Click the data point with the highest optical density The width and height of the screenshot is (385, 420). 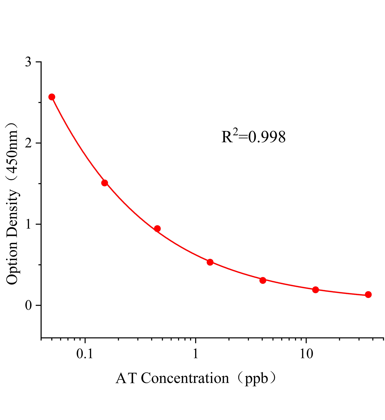[x=52, y=97]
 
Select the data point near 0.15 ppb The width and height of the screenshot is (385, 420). [x=105, y=183]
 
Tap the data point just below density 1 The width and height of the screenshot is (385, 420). [x=157, y=229]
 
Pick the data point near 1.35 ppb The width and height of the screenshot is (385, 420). [x=210, y=262]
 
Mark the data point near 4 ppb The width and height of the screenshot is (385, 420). [x=263, y=280]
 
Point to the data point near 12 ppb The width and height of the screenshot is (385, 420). [x=316, y=290]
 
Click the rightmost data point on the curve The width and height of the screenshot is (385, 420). [x=368, y=295]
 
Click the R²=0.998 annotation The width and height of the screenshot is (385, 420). [x=253, y=137]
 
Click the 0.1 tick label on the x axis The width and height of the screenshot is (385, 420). [x=85, y=354]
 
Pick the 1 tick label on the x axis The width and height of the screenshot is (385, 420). [x=195, y=354]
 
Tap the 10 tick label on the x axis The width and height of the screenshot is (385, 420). [x=306, y=354]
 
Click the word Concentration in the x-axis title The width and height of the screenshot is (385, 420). [x=185, y=379]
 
